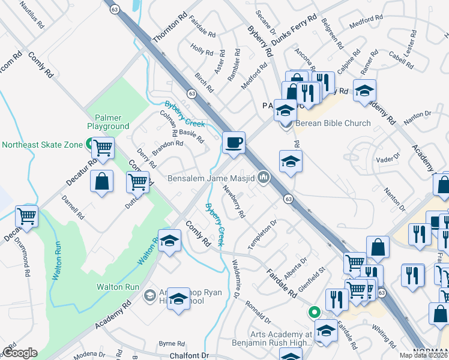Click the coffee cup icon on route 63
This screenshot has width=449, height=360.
[x=234, y=143]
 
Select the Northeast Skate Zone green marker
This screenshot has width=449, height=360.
[x=89, y=144]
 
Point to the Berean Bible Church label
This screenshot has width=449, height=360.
[x=333, y=124]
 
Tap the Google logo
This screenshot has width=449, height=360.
[x=20, y=353]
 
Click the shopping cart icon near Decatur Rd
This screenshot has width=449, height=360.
[x=103, y=146]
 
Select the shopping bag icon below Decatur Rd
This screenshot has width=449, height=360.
[x=101, y=182]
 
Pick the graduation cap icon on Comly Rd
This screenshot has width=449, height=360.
[x=169, y=241]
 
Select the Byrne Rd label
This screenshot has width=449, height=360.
[x=172, y=344]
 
